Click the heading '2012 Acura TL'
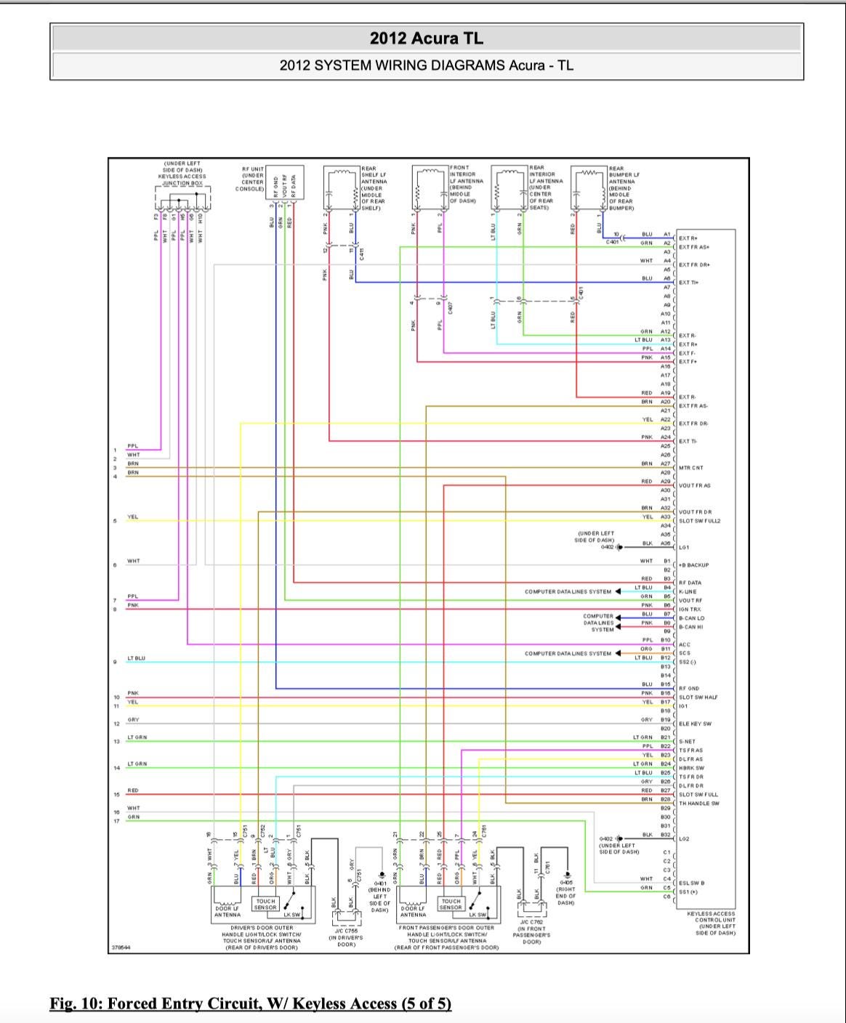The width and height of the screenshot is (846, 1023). pos(426,39)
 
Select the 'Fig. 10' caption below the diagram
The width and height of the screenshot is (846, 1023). pos(250,1003)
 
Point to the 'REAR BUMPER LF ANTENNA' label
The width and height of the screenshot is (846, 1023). pos(624,188)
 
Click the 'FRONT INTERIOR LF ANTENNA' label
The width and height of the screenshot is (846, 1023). pos(464,184)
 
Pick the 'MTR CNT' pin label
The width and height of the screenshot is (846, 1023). pos(691,468)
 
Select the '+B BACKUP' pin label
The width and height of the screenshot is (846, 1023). pos(694,565)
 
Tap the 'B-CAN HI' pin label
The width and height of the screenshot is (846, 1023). pos(691,627)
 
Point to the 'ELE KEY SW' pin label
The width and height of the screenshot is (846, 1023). pos(695,724)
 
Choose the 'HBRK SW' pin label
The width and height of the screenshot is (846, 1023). pos(691,768)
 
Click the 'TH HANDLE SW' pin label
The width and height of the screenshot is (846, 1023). pos(698,804)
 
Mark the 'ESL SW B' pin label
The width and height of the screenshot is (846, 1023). pos(691,883)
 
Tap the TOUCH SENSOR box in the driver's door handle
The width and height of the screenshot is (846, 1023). pos(265,904)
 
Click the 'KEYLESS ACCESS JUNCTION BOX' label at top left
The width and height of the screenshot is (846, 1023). pos(182,177)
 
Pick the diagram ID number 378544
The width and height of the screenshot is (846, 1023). pos(121,947)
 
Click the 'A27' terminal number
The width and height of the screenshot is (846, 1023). pos(665,464)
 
